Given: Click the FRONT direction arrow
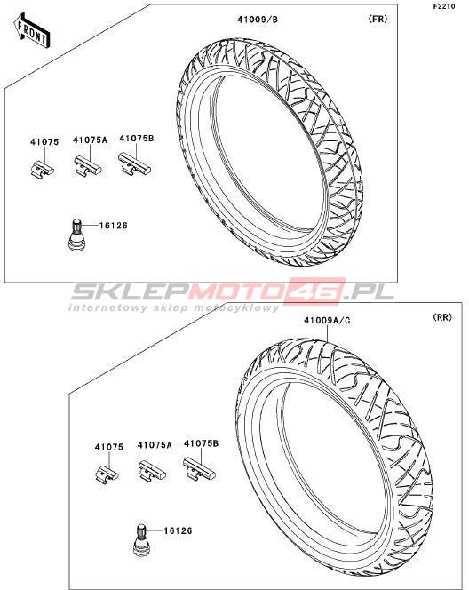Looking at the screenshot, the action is [32, 30].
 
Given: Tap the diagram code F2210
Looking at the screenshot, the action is [444, 6].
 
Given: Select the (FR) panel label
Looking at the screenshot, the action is [378, 19].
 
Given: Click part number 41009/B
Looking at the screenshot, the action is [258, 20].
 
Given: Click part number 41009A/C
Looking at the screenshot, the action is [327, 321].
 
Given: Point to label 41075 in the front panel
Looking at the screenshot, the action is [44, 142].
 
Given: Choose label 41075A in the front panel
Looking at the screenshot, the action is [91, 140].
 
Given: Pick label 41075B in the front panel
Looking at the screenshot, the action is [137, 138].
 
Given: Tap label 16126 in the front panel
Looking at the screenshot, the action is [114, 226].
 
